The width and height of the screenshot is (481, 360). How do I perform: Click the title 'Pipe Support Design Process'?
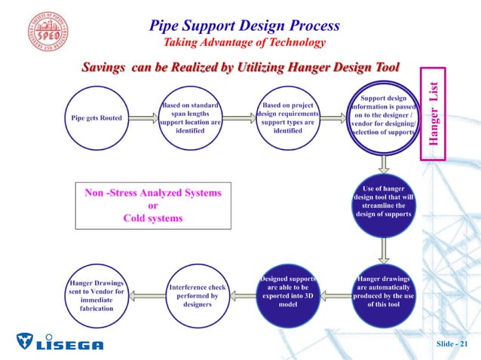[x=244, y=26]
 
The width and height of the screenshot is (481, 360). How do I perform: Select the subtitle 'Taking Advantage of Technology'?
[x=244, y=44]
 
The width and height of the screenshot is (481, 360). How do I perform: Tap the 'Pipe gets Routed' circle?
[x=97, y=118]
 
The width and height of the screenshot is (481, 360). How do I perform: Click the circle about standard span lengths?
[x=190, y=117]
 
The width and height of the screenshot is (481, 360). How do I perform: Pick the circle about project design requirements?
[x=287, y=117]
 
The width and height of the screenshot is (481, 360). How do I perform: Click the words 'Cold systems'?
[x=153, y=218]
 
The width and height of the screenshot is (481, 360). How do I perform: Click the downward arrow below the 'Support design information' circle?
[x=384, y=163]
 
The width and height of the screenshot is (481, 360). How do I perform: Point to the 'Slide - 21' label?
[x=455, y=344]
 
